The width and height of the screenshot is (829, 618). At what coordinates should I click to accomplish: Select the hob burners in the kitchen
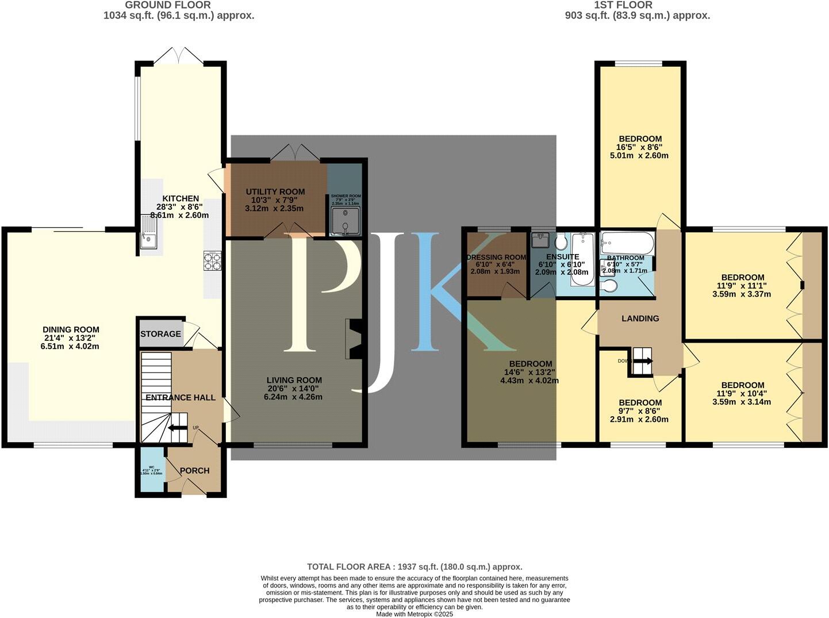(212, 261)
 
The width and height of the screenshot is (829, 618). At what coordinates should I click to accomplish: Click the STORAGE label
(160, 334)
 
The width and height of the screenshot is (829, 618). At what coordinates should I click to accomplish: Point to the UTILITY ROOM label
(275, 191)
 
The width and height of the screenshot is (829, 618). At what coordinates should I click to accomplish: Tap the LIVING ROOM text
(294, 380)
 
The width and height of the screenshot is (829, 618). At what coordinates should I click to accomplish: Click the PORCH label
(194, 471)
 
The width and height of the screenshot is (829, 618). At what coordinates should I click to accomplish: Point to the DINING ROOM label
(71, 330)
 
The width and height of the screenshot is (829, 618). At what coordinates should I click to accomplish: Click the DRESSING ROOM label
(496, 258)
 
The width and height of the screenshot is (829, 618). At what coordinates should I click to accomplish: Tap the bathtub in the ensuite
(582, 260)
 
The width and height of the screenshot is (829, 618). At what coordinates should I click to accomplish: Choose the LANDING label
(640, 318)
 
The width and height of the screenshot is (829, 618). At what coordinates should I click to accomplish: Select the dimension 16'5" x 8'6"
(640, 147)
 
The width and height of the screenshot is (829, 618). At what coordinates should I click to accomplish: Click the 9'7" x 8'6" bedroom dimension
(640, 411)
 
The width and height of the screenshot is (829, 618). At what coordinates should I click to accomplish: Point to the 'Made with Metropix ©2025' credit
(414, 614)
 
